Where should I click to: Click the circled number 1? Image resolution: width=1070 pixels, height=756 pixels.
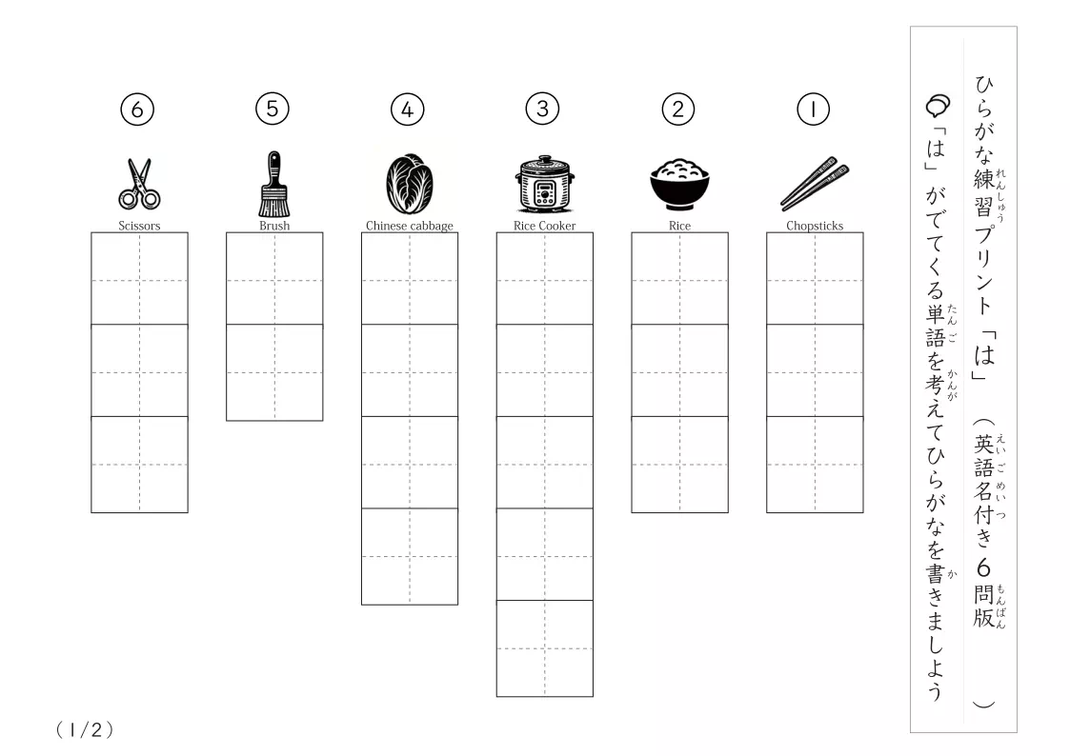click(813, 109)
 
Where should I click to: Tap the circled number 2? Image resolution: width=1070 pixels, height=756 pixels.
click(677, 109)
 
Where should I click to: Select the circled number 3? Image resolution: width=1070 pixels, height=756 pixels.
click(542, 109)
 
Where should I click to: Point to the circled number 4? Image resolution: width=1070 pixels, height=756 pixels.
click(408, 109)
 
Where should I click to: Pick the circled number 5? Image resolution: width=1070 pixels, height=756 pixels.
click(273, 109)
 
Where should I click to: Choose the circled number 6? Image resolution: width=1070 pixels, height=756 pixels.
click(137, 109)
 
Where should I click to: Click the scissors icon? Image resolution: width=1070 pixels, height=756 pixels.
click(139, 184)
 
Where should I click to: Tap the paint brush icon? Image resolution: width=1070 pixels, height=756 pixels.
click(274, 184)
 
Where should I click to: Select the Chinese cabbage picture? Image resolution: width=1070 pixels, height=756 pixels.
click(410, 184)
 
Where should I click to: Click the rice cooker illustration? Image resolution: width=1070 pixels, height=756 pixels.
click(544, 184)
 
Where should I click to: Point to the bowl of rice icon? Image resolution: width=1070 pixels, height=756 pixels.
click(679, 184)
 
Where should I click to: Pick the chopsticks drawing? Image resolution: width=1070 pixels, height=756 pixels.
click(815, 184)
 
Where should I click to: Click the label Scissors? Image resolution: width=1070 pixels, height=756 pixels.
click(139, 226)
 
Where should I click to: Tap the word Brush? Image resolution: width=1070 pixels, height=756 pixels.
click(274, 226)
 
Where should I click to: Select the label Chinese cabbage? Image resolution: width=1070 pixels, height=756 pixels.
click(410, 226)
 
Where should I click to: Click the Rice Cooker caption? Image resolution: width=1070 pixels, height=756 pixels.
click(545, 226)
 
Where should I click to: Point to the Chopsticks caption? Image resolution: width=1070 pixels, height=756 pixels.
click(815, 226)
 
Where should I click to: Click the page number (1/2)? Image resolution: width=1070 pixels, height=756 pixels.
click(85, 730)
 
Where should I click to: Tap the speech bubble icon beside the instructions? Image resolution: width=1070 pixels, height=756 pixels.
click(939, 106)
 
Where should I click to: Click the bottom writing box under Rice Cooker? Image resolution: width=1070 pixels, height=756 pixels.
click(545, 648)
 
